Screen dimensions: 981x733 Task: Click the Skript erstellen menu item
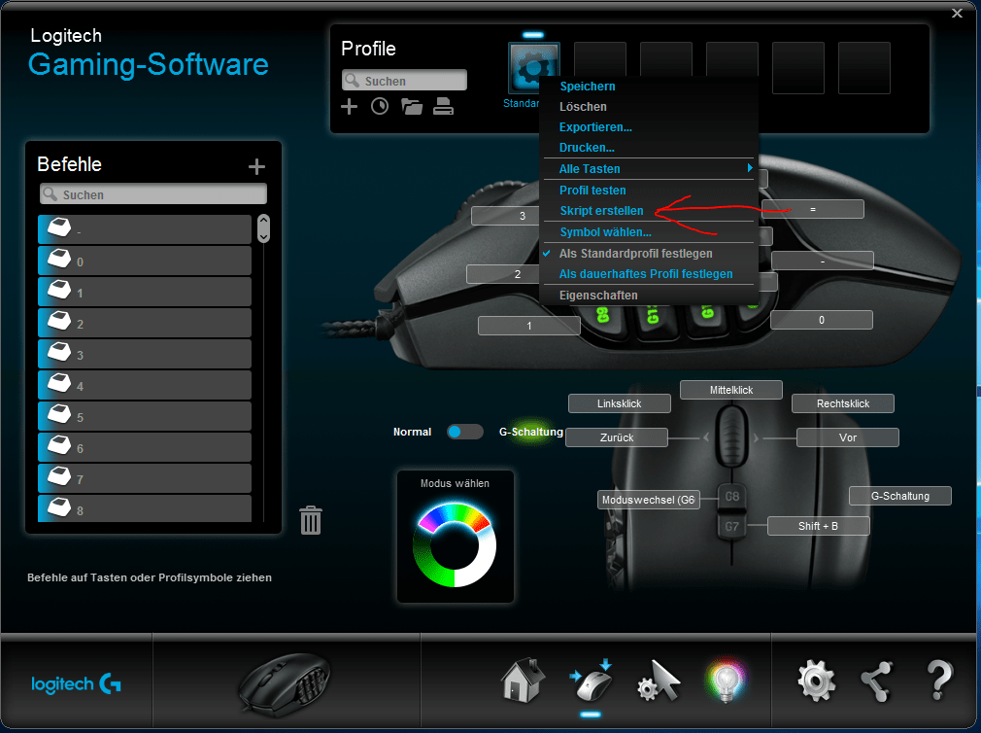(x=601, y=211)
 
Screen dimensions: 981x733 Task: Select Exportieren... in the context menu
(x=595, y=127)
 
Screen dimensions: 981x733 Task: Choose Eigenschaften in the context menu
(x=598, y=295)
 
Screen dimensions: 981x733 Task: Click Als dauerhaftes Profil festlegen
(x=646, y=274)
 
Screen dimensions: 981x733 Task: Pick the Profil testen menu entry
(x=592, y=191)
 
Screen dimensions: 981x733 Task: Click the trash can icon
(x=311, y=520)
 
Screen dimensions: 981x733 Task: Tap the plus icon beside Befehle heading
(x=256, y=167)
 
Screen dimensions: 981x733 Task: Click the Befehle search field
(x=153, y=194)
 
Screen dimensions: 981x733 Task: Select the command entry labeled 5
(x=145, y=417)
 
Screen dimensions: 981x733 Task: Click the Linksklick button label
(x=619, y=403)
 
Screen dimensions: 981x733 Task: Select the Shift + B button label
(x=818, y=526)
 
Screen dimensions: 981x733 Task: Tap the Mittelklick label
(x=731, y=390)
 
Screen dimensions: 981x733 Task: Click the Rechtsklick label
(x=842, y=403)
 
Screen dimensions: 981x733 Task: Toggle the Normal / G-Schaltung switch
(x=465, y=432)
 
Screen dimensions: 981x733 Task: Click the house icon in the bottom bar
(x=522, y=680)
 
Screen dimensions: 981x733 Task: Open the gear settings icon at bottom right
(x=816, y=681)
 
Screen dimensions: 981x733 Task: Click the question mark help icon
(x=938, y=681)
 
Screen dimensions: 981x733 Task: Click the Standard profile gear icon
(x=533, y=67)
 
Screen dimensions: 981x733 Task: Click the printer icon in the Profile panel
(x=443, y=107)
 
